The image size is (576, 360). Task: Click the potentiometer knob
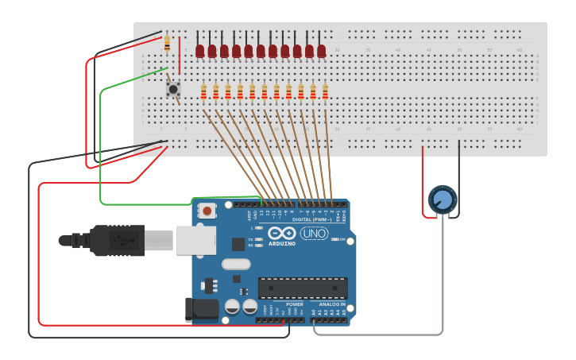443,199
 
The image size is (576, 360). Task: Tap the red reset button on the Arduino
207,211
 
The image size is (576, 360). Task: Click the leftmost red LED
200,51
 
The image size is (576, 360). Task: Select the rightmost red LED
322,51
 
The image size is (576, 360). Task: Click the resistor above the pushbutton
167,43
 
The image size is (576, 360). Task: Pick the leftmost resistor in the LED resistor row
204,92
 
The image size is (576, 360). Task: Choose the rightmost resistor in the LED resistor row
325,92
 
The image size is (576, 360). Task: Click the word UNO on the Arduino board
314,234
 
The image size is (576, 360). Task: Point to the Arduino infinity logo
281,234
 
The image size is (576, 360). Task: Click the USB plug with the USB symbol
119,240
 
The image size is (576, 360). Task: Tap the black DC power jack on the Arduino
201,309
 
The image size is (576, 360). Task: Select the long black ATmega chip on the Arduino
303,287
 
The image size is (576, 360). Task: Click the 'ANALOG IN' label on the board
331,304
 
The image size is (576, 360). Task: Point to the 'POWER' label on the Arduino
294,304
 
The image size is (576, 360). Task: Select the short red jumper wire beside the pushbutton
180,56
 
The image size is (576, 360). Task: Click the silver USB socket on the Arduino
195,239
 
